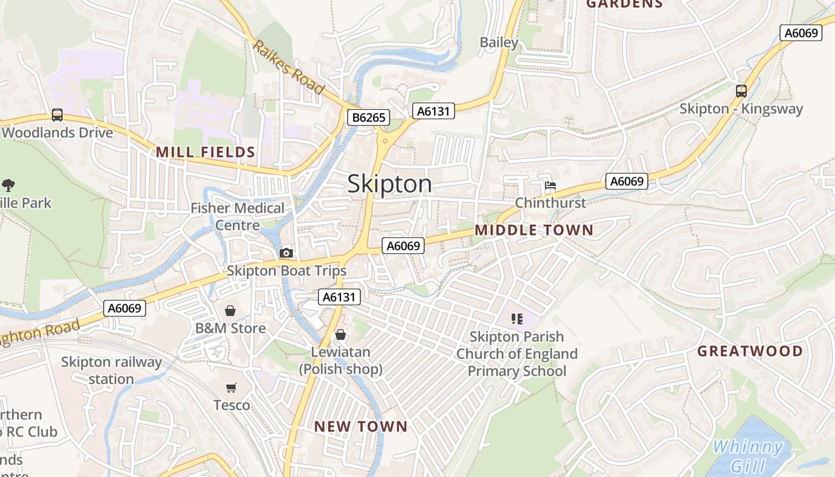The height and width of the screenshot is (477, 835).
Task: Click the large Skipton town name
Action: point(389,184)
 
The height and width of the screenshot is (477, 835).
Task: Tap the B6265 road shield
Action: point(369,117)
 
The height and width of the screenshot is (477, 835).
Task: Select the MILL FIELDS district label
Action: point(206,153)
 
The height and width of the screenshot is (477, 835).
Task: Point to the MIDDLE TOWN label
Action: point(534,230)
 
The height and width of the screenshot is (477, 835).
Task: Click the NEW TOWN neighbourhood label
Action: point(361,426)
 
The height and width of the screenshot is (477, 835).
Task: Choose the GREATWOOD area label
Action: point(750,351)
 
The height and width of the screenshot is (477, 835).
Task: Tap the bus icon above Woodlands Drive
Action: point(57,115)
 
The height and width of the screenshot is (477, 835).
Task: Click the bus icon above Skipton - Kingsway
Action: point(741,91)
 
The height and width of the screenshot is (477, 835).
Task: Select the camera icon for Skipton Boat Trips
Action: point(286,253)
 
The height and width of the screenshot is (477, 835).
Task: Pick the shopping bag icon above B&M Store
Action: point(230,311)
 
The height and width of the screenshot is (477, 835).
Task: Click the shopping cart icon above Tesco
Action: point(231,388)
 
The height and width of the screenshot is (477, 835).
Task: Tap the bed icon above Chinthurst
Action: point(550,185)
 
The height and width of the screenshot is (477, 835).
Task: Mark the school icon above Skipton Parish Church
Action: point(517,319)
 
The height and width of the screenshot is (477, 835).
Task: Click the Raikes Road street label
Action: point(289,67)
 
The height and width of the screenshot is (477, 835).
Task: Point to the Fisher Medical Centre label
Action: point(237,216)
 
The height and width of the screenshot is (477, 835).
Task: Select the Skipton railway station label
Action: point(112,370)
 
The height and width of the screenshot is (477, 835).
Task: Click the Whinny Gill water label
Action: point(749,456)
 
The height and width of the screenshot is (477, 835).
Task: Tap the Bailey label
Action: point(499,42)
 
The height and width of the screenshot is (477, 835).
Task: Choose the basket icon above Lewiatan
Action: point(341,334)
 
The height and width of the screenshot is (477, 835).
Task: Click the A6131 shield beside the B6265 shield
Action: point(434,111)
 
